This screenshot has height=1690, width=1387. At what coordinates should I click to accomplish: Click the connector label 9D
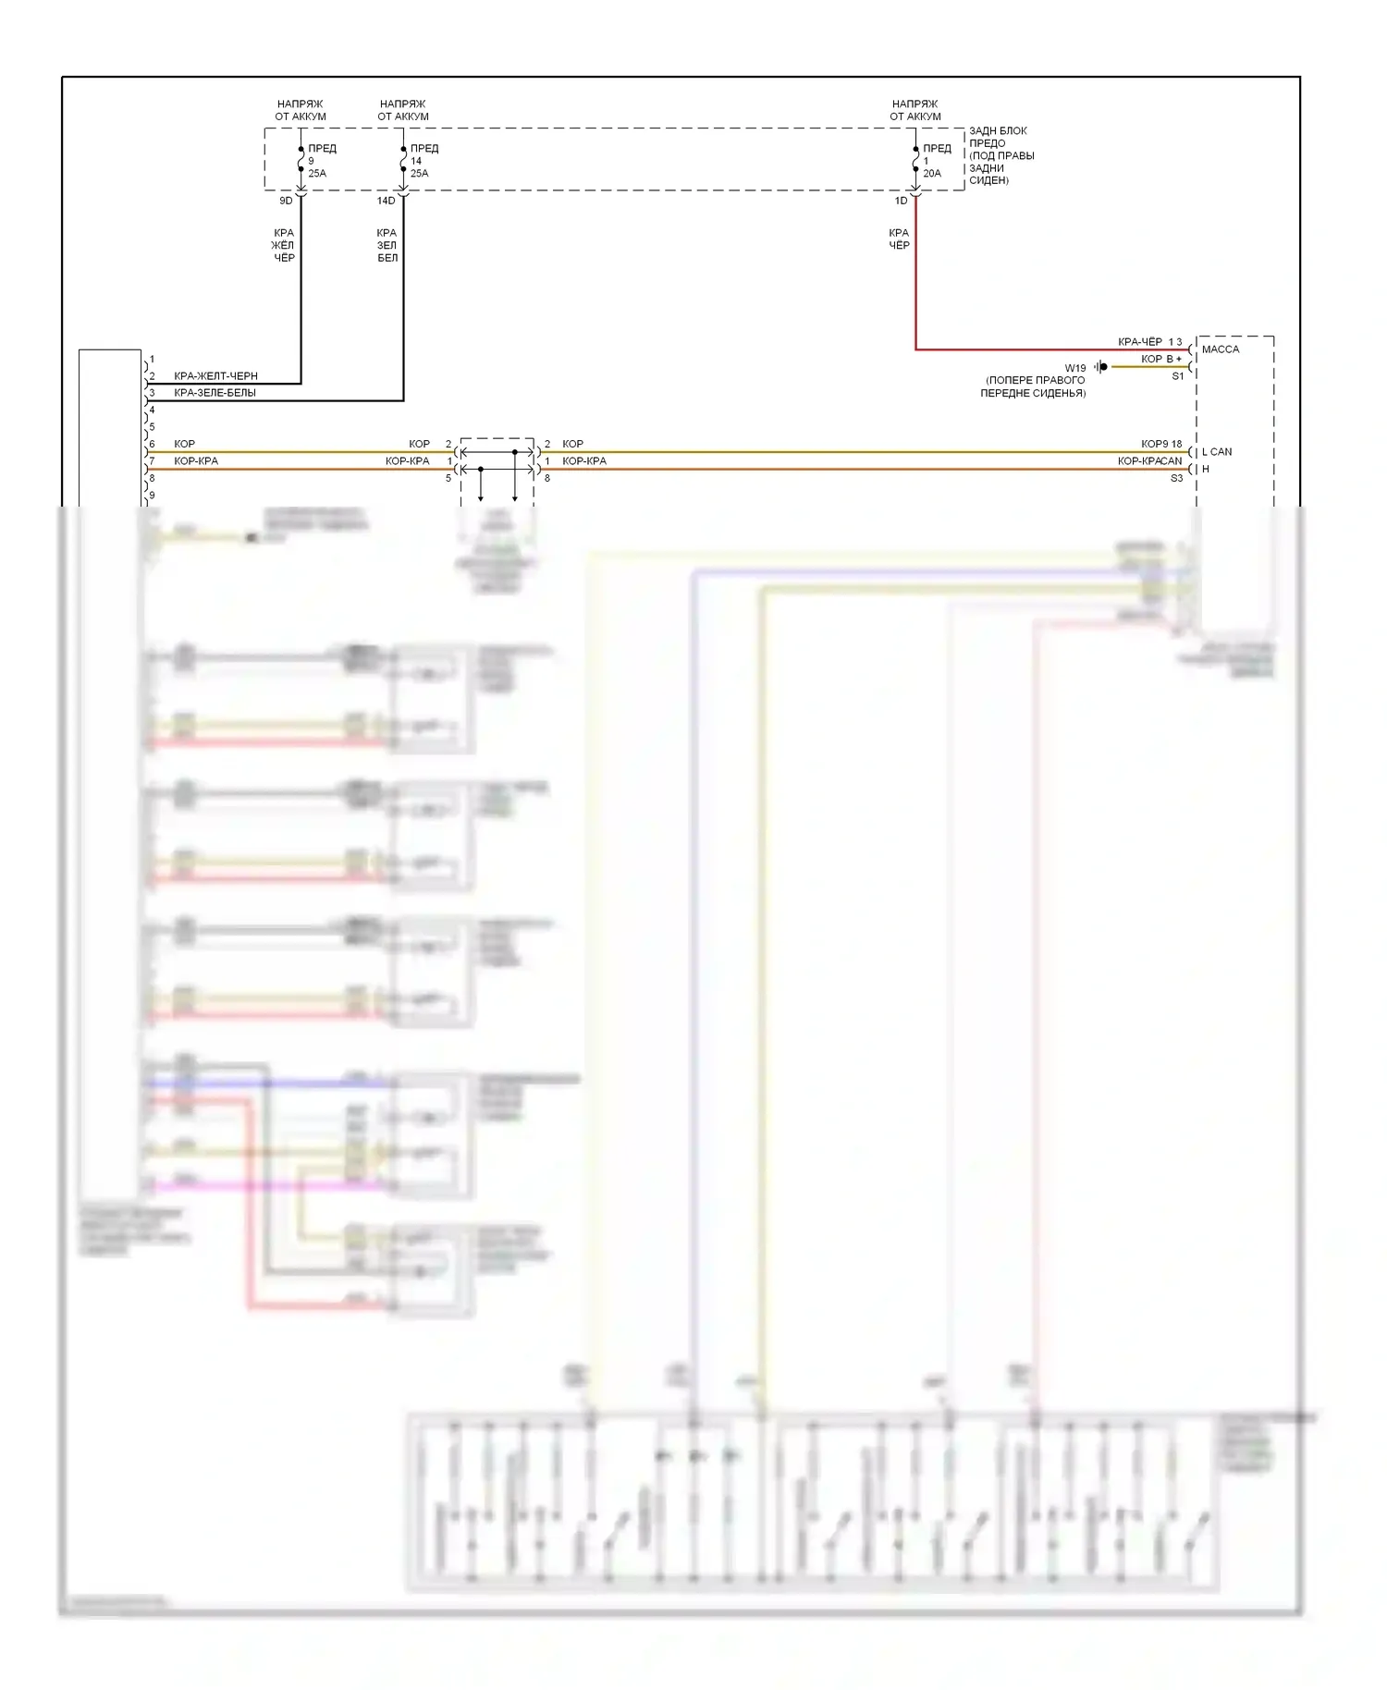(x=286, y=201)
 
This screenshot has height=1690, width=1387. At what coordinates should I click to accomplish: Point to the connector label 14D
(x=386, y=201)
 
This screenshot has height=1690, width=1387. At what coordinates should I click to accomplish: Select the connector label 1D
(x=901, y=201)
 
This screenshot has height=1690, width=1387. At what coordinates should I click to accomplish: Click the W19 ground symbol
(x=1100, y=367)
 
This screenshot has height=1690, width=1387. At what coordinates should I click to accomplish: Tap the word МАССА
(x=1221, y=349)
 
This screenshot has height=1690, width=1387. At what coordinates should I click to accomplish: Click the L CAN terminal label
(x=1217, y=452)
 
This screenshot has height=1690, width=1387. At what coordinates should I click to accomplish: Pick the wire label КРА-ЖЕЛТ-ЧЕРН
(x=215, y=376)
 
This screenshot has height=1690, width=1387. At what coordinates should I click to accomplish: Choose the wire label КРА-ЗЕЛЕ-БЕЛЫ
(x=215, y=393)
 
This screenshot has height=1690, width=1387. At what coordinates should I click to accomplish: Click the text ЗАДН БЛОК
(x=998, y=131)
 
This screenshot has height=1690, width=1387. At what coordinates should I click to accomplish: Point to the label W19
(x=1074, y=368)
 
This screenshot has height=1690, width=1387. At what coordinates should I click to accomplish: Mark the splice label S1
(x=1177, y=376)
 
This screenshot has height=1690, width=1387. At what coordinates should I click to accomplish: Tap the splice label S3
(x=1176, y=478)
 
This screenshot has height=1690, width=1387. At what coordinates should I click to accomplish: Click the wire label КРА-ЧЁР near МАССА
(x=1139, y=342)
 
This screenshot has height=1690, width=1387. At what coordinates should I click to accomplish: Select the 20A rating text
(x=932, y=174)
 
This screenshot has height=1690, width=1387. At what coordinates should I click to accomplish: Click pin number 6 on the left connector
(x=153, y=444)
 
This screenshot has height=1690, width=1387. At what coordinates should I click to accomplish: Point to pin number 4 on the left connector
(x=153, y=410)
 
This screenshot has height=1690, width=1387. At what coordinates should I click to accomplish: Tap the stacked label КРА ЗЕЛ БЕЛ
(x=387, y=245)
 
